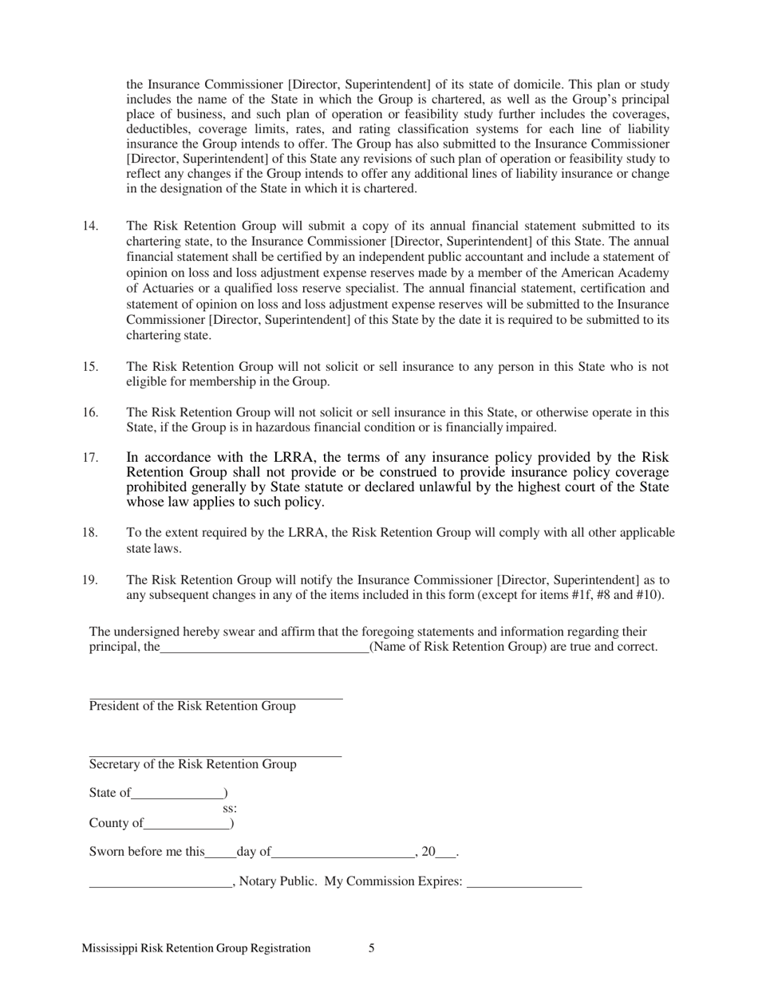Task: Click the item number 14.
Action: (90, 226)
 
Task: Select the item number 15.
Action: (90, 367)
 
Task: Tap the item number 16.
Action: (90, 412)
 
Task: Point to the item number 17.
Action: (90, 458)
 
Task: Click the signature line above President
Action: (215, 699)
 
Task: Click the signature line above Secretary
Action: (215, 756)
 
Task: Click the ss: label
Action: (230, 808)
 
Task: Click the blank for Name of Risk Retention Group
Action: (264, 648)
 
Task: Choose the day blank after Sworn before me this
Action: (220, 853)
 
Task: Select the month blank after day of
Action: (343, 853)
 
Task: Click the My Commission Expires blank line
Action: (524, 883)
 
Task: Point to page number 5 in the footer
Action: (372, 948)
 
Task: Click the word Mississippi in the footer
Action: (109, 948)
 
